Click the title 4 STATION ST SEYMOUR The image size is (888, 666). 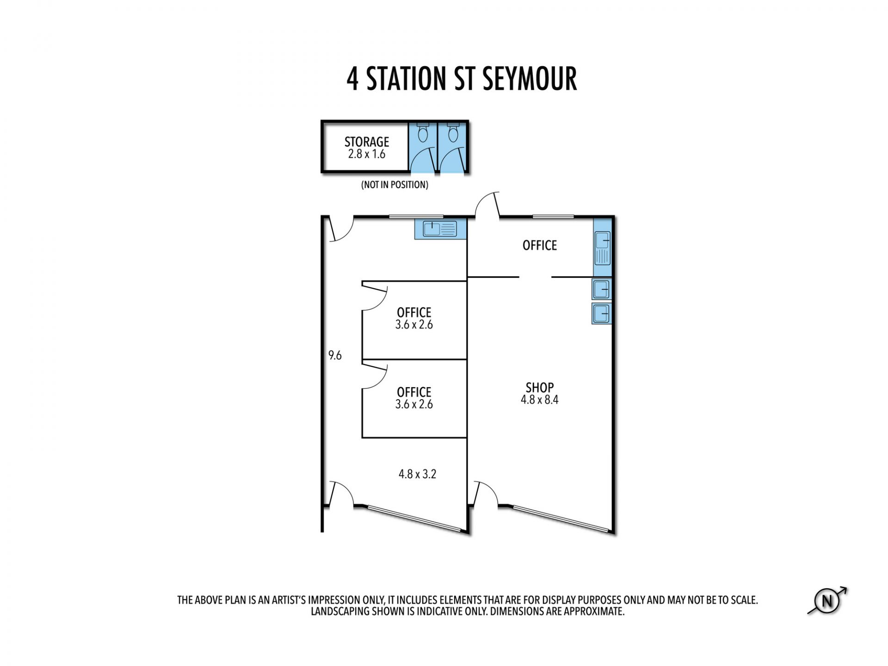point(462,79)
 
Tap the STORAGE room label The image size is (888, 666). point(367,142)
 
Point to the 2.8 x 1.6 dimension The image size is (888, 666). point(367,154)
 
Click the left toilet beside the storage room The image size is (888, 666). point(423,132)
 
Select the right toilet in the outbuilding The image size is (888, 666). point(453,132)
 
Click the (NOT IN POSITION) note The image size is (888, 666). point(395,185)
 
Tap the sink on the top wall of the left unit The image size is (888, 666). point(440,229)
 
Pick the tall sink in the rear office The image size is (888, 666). point(603,248)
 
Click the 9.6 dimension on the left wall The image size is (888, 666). point(335,355)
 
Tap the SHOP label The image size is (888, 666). point(540,388)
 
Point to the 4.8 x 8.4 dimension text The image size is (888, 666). point(540,400)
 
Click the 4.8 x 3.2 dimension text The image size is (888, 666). point(417,474)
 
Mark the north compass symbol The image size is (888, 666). point(827,601)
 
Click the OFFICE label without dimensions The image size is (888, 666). point(540,245)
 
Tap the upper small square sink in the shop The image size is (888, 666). point(602,289)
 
